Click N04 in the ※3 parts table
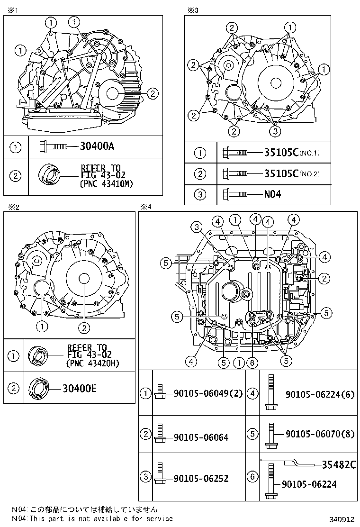(272, 194)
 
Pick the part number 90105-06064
(201, 437)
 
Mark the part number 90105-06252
(201, 479)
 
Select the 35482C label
(339, 465)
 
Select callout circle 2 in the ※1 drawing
(153, 94)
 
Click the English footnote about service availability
(92, 519)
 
